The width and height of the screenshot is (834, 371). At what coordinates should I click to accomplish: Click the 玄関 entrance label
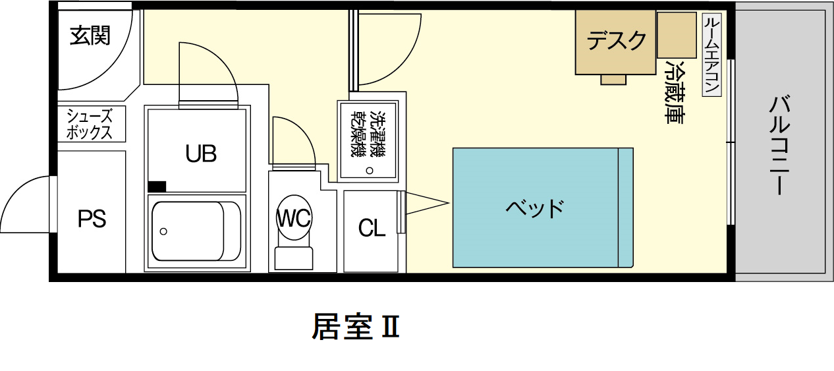coord(90,36)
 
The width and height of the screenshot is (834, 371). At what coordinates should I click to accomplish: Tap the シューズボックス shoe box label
coord(90,124)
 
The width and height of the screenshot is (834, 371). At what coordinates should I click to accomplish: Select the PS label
coord(92,218)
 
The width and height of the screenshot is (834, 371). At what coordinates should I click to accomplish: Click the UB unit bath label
coord(201,154)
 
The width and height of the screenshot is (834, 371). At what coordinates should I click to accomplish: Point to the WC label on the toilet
coord(294,218)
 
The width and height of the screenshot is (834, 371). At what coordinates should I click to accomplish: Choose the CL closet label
coord(372,229)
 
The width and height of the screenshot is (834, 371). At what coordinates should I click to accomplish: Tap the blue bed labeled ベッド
coord(535,208)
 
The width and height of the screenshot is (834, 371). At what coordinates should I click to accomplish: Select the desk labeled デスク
coord(617,41)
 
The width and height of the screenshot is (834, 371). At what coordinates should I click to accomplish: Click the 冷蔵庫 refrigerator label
coord(675,92)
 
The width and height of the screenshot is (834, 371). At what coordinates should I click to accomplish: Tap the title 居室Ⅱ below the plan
coord(355,327)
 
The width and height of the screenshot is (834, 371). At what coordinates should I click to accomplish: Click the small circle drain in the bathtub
coord(163,231)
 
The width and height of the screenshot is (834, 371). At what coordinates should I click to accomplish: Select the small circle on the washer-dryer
coord(370,171)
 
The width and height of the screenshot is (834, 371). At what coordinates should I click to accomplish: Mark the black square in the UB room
coord(157,186)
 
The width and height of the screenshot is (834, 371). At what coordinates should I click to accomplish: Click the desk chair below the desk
coord(613,80)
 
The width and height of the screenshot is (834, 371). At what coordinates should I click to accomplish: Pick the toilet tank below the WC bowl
coord(294,258)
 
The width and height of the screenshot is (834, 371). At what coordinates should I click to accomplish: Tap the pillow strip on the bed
coord(625,208)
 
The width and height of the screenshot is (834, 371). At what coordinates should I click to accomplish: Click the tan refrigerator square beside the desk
coord(677,34)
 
